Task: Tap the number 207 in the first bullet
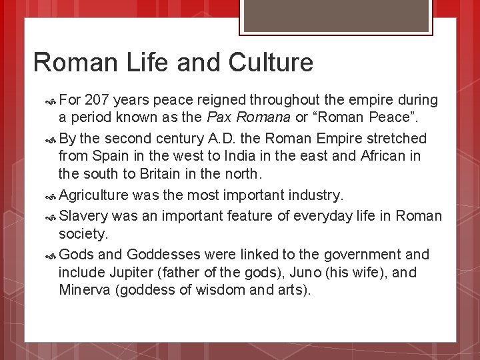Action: click(x=99, y=100)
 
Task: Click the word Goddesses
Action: click(x=161, y=255)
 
